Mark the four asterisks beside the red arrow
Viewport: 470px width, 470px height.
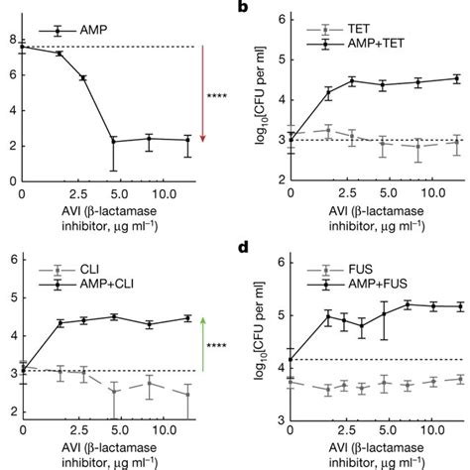point(216,96)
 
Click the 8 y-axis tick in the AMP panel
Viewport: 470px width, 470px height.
point(11,40)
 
